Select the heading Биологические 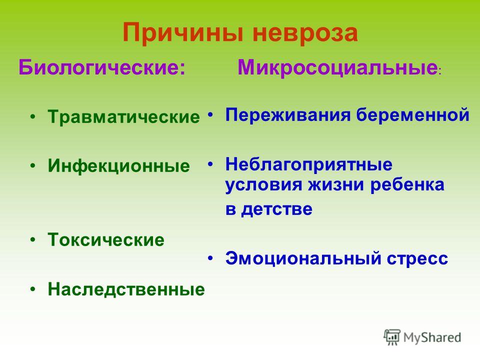[102, 67]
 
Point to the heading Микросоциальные [337, 67]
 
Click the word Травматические [123, 117]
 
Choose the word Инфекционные [119, 166]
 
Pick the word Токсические [106, 239]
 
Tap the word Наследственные [126, 289]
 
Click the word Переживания [288, 115]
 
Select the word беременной [412, 115]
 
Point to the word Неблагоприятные [308, 164]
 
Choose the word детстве [276, 209]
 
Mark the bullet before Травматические [33, 116]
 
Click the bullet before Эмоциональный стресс [210, 258]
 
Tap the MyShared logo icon [392, 337]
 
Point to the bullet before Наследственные [33, 288]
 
